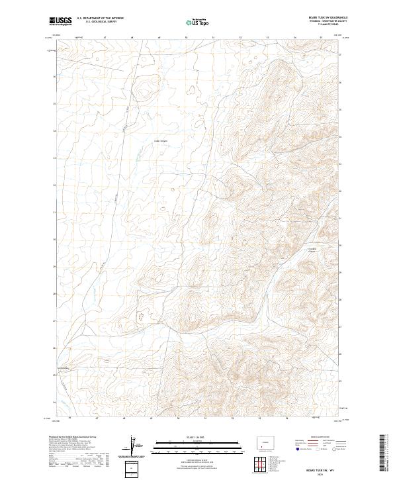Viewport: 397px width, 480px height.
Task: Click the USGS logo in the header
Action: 60,21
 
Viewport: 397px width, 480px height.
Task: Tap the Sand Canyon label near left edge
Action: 63,368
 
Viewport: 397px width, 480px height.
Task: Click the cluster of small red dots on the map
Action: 140,318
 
